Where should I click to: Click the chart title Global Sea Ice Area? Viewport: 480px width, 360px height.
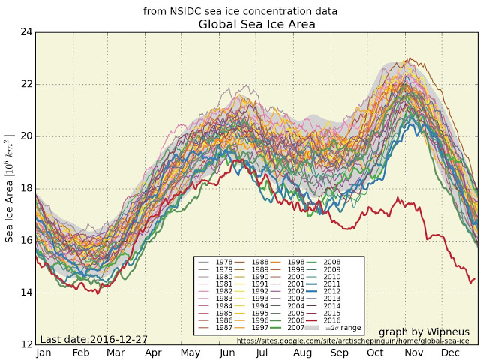pos(256,24)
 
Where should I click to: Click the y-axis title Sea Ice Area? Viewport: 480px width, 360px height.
pos(10,188)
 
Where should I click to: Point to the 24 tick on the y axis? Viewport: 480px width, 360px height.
pos(27,32)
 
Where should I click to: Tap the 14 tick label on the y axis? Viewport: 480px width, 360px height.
pos(27,292)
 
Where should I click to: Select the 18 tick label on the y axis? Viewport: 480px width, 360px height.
pos(27,188)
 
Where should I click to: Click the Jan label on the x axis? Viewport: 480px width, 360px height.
pos(44,352)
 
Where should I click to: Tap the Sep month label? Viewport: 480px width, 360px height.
pos(339,352)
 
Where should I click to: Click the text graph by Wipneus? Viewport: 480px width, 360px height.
pos(424,331)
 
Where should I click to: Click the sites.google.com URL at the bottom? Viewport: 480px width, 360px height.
pos(352,340)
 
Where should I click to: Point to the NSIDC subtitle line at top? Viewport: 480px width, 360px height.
pos(240,11)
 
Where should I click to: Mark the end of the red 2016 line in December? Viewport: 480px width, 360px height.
pos(474,279)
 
